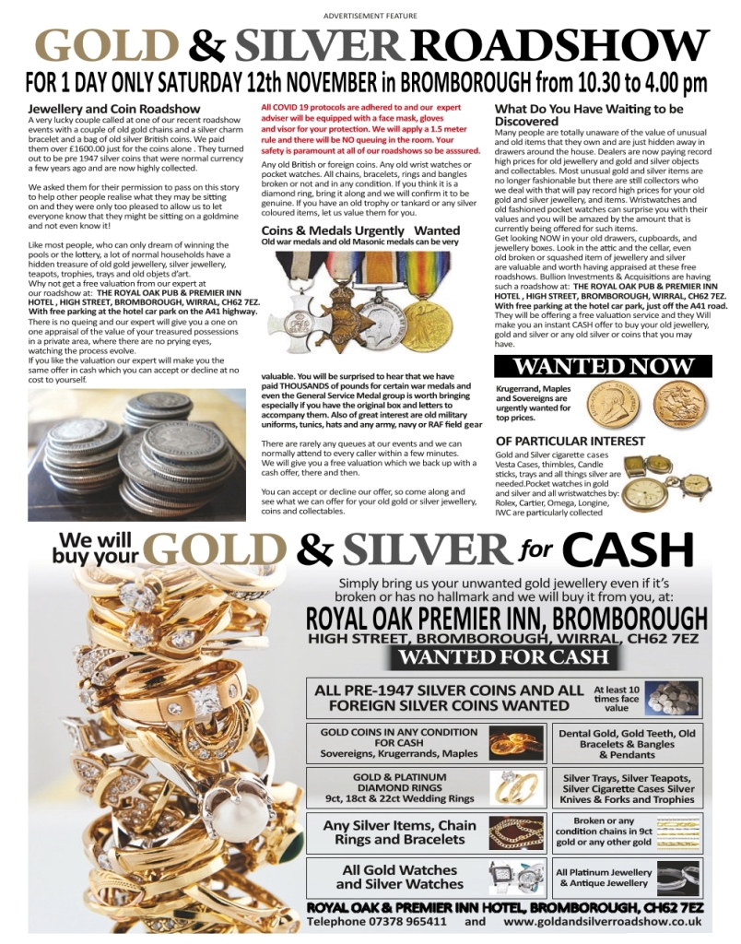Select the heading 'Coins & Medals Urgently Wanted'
(360, 230)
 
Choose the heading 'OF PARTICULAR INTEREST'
(570, 441)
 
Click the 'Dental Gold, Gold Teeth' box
(628, 743)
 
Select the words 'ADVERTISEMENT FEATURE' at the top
(370, 16)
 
